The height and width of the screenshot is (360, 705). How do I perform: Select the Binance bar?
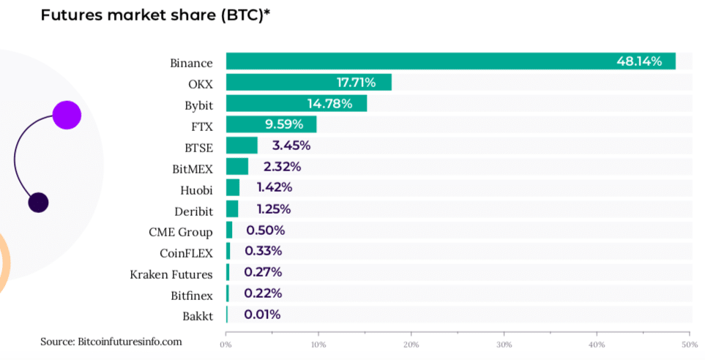[450, 61]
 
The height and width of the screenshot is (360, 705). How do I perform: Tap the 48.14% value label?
[638, 61]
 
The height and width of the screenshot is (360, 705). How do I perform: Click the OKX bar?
[308, 83]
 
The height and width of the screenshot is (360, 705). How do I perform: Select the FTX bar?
[271, 124]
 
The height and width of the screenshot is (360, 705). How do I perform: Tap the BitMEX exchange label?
[193, 169]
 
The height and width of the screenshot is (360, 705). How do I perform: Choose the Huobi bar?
[233, 188]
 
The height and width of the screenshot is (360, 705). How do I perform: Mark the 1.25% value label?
[273, 209]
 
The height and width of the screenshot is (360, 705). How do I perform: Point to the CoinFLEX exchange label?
[186, 253]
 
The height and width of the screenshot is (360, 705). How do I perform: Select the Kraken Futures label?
[171, 274]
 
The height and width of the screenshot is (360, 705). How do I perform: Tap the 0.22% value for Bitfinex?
[263, 293]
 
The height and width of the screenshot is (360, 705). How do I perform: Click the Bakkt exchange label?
[198, 316]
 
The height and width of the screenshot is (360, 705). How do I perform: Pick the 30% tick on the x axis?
[504, 345]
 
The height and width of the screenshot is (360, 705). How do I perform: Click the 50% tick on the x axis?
[688, 345]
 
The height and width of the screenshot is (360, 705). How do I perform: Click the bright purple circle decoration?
[66, 115]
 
